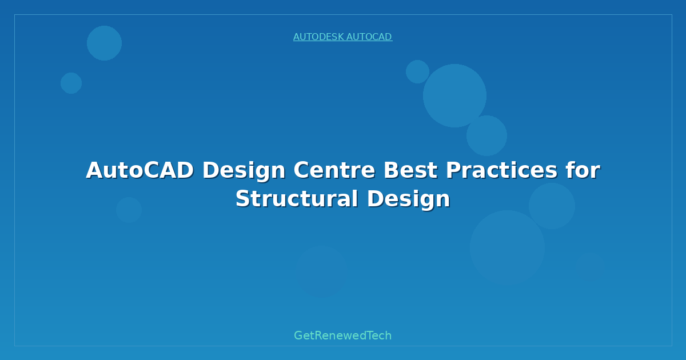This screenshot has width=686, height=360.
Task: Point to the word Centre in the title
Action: point(334,170)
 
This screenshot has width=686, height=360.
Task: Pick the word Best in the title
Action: point(410,170)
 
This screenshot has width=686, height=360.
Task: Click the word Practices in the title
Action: point(501,170)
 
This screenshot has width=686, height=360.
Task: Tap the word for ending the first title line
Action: point(583,170)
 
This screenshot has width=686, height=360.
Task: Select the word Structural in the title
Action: point(297,199)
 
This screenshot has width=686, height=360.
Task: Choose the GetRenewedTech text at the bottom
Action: point(342,335)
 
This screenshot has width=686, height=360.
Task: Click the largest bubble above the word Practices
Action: point(454,95)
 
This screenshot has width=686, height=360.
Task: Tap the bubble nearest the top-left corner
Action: point(104,43)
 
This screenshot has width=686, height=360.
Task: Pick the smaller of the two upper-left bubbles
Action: point(71,83)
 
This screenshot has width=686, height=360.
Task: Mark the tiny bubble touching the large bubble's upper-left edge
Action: point(417,71)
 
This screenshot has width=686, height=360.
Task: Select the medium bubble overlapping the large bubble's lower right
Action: point(486,135)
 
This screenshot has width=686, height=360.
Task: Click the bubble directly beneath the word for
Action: point(552,206)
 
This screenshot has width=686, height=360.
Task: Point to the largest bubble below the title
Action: point(507,247)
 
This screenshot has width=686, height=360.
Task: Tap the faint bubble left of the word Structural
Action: point(129,210)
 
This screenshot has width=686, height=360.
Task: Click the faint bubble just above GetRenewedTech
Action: point(321,271)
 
